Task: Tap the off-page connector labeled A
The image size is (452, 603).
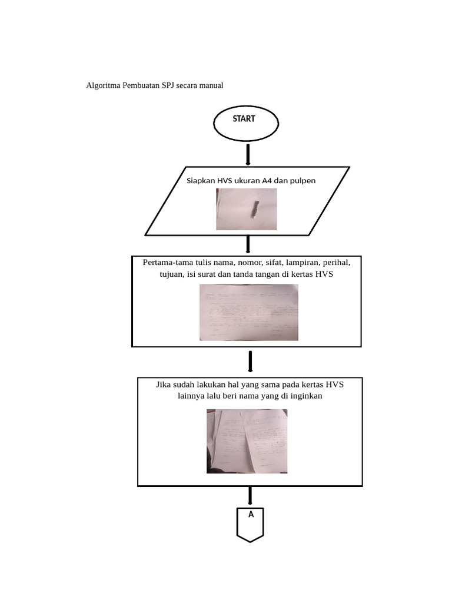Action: click(x=250, y=523)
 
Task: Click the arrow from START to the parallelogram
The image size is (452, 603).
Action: click(x=248, y=155)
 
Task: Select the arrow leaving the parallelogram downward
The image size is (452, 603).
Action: click(x=248, y=244)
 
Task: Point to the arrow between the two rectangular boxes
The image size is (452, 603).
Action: click(x=251, y=362)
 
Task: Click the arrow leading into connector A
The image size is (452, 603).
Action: click(x=250, y=496)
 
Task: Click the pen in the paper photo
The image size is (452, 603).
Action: click(x=255, y=209)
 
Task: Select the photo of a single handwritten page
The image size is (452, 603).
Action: click(x=249, y=312)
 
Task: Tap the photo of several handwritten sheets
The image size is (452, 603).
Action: click(x=247, y=441)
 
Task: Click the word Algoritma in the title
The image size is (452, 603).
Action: click(x=102, y=85)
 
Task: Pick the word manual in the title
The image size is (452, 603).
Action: click(x=210, y=85)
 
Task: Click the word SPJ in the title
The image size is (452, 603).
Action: click(x=168, y=85)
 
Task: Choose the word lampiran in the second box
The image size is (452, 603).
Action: click(x=303, y=262)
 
